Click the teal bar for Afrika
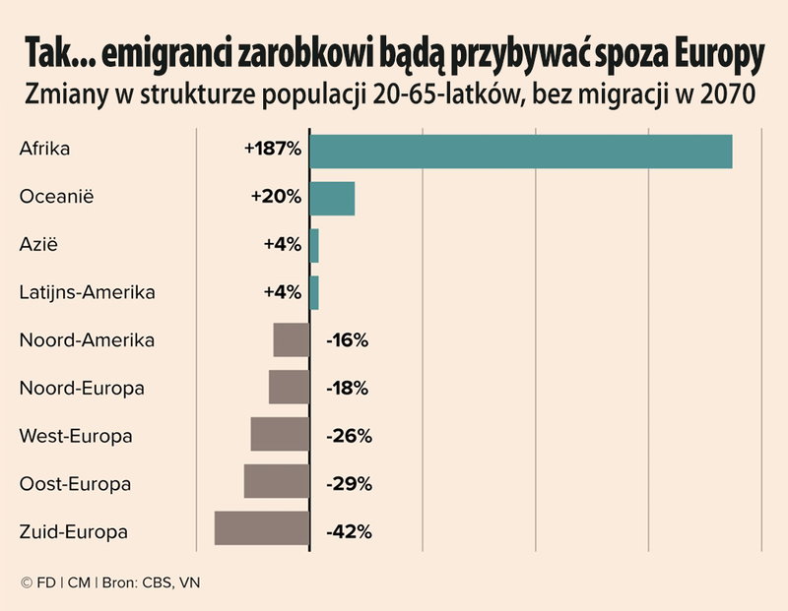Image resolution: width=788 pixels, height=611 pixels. (520, 151)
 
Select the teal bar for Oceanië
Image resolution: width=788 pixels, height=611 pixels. (332, 198)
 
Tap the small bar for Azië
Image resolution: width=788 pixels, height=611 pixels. (314, 245)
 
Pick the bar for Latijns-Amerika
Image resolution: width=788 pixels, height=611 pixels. (314, 292)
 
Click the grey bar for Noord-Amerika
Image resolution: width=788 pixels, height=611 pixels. (292, 339)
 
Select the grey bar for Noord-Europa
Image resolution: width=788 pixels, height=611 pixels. (289, 387)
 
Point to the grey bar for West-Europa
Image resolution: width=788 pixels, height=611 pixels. (280, 434)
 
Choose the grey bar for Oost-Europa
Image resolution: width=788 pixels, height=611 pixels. (277, 481)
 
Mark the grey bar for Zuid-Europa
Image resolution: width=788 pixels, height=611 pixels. (262, 528)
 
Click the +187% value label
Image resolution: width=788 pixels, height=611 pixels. (272, 150)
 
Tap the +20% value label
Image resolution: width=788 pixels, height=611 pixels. (276, 197)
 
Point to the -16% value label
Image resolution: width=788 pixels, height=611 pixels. (346, 341)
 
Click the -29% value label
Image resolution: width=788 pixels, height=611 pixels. (348, 484)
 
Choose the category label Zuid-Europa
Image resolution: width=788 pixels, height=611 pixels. (74, 532)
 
